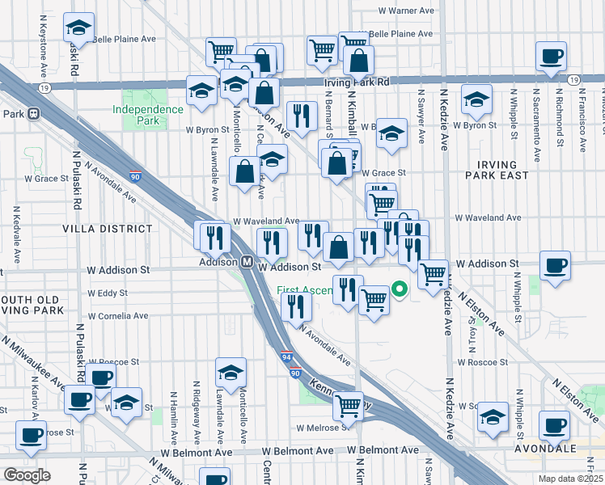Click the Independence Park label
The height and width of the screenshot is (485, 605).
click(x=148, y=115)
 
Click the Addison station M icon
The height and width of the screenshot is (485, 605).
click(x=249, y=262)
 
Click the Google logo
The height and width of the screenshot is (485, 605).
click(x=27, y=475)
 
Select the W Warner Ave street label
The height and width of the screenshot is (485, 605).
click(x=406, y=11)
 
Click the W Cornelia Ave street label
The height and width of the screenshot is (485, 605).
click(x=119, y=316)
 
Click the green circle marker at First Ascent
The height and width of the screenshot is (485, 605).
click(x=399, y=288)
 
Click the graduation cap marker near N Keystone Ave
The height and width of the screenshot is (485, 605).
click(x=78, y=28)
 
